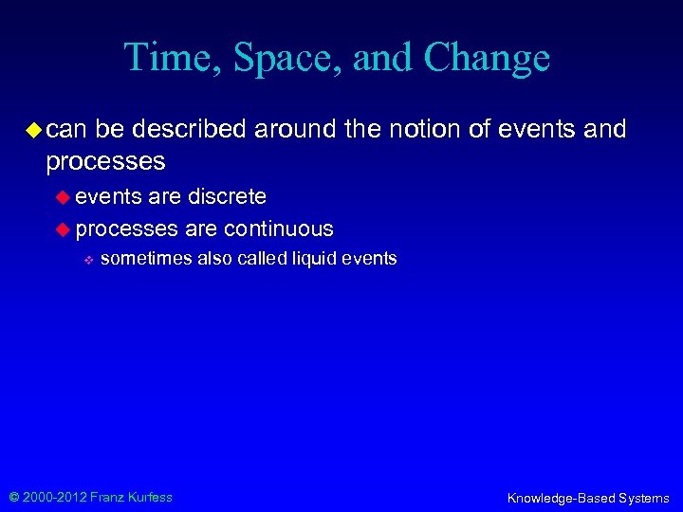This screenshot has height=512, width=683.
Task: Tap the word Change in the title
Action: (487, 58)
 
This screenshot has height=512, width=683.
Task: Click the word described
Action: (195, 129)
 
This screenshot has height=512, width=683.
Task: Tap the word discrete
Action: (227, 196)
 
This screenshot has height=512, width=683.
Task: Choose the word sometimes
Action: (145, 259)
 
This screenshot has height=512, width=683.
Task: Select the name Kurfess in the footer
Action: (150, 497)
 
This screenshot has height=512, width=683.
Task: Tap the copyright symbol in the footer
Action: (14, 497)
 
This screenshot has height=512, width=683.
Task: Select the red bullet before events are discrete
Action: (65, 197)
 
